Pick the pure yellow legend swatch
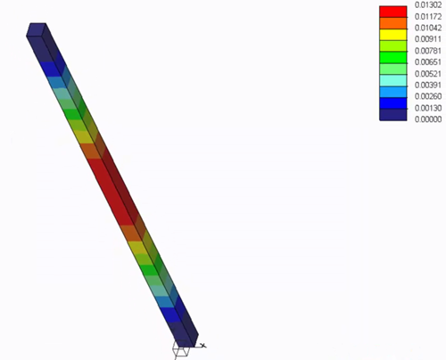[393, 34]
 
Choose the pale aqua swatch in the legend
[393, 78]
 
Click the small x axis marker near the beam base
[203, 345]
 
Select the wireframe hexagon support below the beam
[181, 350]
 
